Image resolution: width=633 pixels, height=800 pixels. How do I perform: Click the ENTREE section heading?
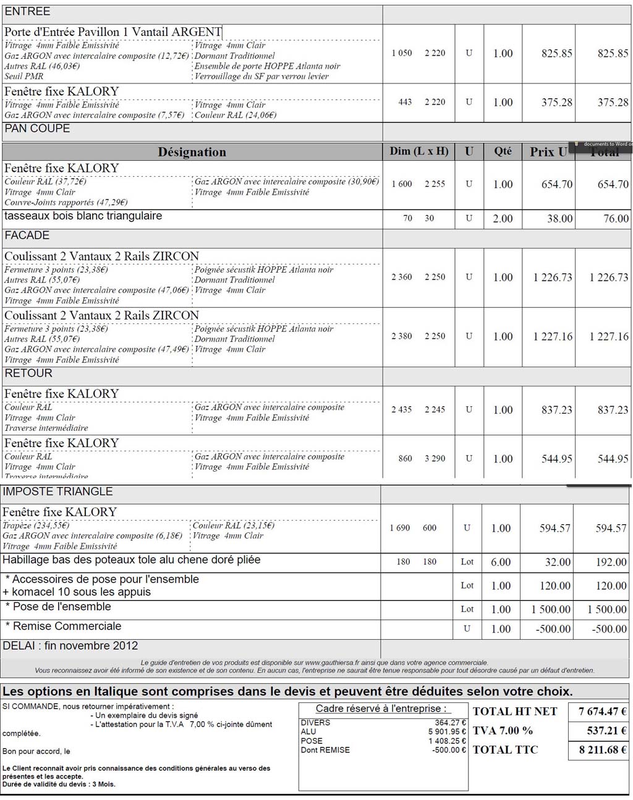(28, 12)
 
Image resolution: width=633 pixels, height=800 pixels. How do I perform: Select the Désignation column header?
(192, 152)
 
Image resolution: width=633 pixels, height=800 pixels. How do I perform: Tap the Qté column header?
(503, 151)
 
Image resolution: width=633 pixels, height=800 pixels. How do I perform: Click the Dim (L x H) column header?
(419, 151)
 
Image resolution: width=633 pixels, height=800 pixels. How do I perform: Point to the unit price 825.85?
(556, 53)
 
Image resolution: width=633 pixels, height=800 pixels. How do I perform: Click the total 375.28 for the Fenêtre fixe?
(613, 103)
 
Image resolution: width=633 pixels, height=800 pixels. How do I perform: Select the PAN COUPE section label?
(37, 129)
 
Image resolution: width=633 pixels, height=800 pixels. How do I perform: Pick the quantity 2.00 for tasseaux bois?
(503, 218)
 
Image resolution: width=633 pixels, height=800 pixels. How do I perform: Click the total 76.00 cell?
(616, 218)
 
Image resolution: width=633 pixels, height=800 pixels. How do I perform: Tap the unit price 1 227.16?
(553, 336)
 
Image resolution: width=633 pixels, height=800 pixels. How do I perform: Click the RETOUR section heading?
(28, 373)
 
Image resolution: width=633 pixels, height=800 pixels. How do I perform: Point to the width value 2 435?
(402, 409)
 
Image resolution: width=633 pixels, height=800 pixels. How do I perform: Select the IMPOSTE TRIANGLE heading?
(58, 491)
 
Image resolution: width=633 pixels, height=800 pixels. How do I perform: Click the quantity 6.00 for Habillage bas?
(501, 562)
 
